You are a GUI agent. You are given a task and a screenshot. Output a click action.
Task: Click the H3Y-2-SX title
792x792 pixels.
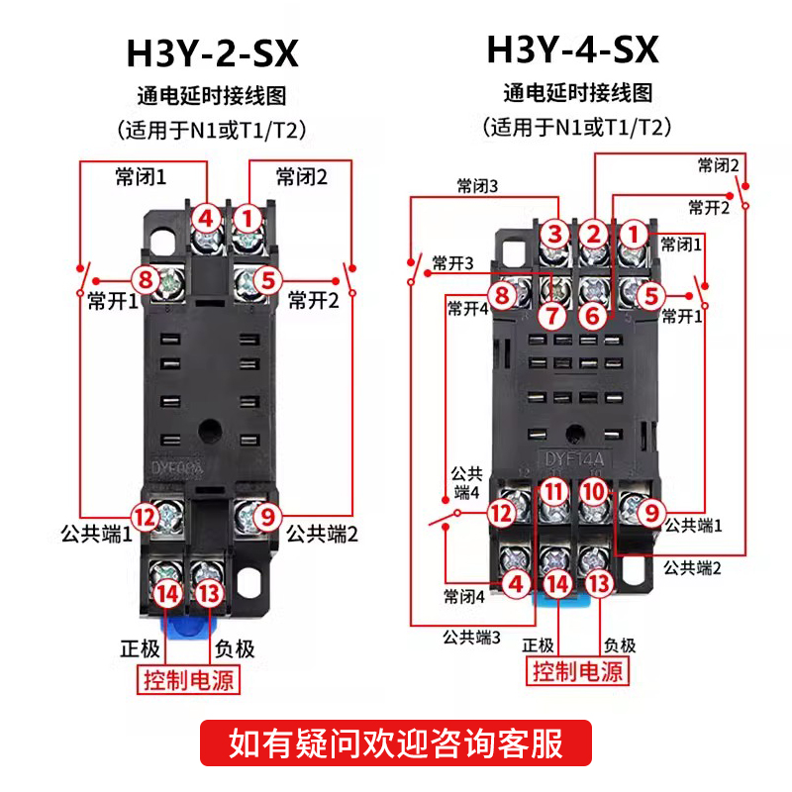pos(212,53)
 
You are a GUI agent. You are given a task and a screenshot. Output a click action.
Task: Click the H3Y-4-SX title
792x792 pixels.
pos(572,49)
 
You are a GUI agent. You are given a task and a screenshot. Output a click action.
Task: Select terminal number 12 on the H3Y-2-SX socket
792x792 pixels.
pos(145,516)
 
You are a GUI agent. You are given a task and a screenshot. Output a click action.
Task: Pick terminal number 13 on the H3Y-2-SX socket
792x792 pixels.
pos(208,593)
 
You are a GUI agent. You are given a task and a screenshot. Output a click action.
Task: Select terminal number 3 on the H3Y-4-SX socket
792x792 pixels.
pos(555,235)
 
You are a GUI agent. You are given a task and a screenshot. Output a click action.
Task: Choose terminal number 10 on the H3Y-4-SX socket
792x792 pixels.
pos(592,491)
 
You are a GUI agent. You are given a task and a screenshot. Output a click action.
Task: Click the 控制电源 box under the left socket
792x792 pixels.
pos(189,681)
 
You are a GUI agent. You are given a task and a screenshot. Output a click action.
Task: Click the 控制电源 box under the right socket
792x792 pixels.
pos(577,672)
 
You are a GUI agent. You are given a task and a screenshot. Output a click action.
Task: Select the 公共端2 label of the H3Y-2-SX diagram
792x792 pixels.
pos(321,535)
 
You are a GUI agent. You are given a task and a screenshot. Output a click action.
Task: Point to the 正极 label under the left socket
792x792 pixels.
pos(140,648)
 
